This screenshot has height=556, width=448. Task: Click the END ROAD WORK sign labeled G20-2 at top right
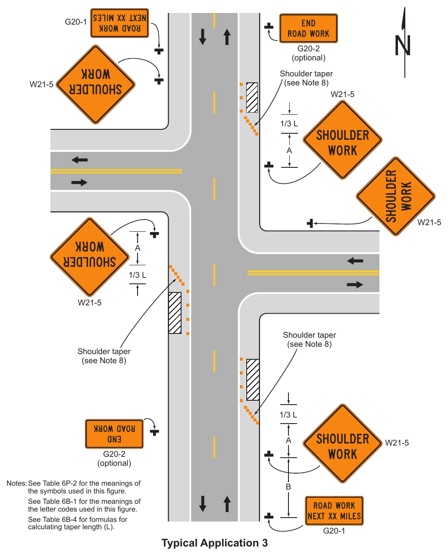[308, 28]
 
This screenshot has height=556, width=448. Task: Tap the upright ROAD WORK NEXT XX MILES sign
[334, 511]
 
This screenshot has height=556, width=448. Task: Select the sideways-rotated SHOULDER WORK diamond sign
[395, 196]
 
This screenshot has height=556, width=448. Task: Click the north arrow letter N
[403, 45]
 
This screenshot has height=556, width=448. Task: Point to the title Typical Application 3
[214, 543]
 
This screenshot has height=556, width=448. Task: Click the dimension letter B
[288, 487]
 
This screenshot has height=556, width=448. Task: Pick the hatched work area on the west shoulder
[175, 313]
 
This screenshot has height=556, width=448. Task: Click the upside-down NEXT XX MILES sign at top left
[119, 23]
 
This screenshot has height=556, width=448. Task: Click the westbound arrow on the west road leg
[80, 160]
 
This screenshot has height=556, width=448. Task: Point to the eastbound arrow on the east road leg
[355, 285]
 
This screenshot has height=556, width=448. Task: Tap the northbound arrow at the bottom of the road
[227, 504]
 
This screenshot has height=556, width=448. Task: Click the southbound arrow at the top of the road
[203, 37]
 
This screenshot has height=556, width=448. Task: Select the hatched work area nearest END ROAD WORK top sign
[252, 97]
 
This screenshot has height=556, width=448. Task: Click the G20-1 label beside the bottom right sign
[334, 531]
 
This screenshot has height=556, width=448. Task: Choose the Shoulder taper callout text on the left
[104, 356]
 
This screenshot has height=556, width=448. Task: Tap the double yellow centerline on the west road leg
[116, 171]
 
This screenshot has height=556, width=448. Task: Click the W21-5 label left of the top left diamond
[41, 85]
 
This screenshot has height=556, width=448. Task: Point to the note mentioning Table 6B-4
[78, 523]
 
